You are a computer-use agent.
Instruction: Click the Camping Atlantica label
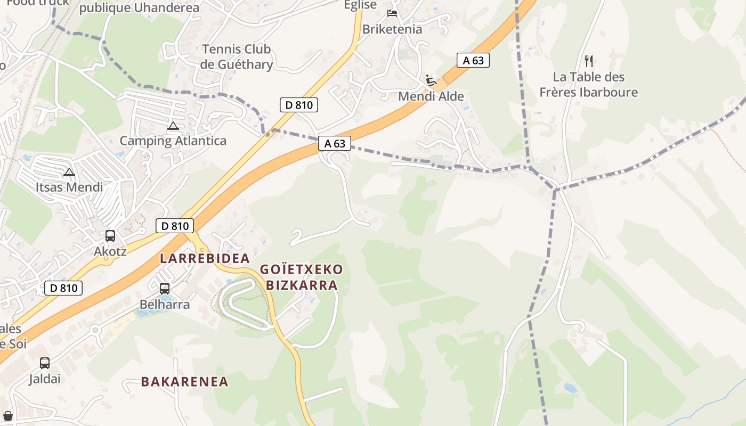pyautogui.click(x=173, y=141)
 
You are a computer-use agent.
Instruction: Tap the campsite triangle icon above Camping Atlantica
pyautogui.click(x=173, y=126)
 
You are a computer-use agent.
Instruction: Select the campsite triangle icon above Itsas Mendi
pyautogui.click(x=69, y=172)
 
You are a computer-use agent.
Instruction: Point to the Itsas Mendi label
pyautogui.click(x=69, y=187)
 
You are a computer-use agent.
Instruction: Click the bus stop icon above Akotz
pyautogui.click(x=110, y=235)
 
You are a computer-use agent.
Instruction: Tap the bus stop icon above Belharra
pyautogui.click(x=165, y=289)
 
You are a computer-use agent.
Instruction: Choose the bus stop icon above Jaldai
pyautogui.click(x=45, y=363)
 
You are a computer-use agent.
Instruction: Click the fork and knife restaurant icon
pyautogui.click(x=588, y=61)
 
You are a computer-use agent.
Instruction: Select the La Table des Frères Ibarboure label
pyautogui.click(x=588, y=85)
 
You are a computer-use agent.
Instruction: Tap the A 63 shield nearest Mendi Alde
pyautogui.click(x=473, y=60)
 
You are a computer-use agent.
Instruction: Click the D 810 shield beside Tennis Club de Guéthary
pyautogui.click(x=299, y=105)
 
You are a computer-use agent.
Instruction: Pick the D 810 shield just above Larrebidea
pyautogui.click(x=175, y=226)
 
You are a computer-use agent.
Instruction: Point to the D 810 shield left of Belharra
pyautogui.click(x=63, y=288)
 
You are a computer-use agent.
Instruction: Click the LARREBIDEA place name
pyautogui.click(x=205, y=259)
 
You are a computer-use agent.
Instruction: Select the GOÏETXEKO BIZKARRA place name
pyautogui.click(x=302, y=277)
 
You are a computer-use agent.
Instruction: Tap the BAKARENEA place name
pyautogui.click(x=184, y=381)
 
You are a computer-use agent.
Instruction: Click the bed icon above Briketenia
pyautogui.click(x=393, y=13)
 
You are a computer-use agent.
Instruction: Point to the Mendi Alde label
pyautogui.click(x=431, y=97)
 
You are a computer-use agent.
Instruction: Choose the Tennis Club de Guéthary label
pyautogui.click(x=236, y=57)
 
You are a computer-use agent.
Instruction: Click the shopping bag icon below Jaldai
pyautogui.click(x=8, y=415)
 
